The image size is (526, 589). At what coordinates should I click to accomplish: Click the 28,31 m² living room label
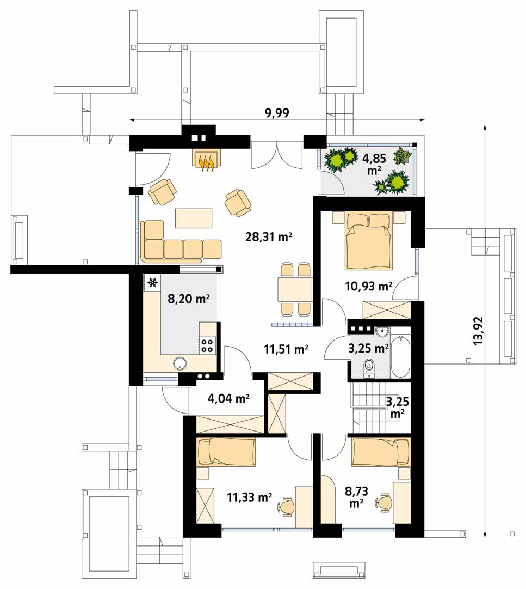(x=268, y=237)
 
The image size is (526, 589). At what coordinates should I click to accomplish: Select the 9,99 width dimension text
(x=277, y=113)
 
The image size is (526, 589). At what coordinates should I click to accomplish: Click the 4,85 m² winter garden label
(x=374, y=164)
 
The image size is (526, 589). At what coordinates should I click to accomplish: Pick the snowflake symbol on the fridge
(x=152, y=282)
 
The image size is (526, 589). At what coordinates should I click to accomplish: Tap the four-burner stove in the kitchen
(x=207, y=345)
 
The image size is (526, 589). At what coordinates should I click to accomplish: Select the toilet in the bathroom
(x=369, y=368)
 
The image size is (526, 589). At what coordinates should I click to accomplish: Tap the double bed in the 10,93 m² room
(x=369, y=241)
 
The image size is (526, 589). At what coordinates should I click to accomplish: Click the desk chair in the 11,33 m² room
(x=287, y=507)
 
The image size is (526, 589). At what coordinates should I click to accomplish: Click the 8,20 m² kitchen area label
(x=188, y=299)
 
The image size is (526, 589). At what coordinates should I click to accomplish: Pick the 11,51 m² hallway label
(x=286, y=349)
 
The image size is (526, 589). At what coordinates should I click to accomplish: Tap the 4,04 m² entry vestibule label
(x=228, y=398)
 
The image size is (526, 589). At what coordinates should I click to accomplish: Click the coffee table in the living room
(x=194, y=218)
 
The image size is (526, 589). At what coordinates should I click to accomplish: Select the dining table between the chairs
(x=295, y=289)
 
